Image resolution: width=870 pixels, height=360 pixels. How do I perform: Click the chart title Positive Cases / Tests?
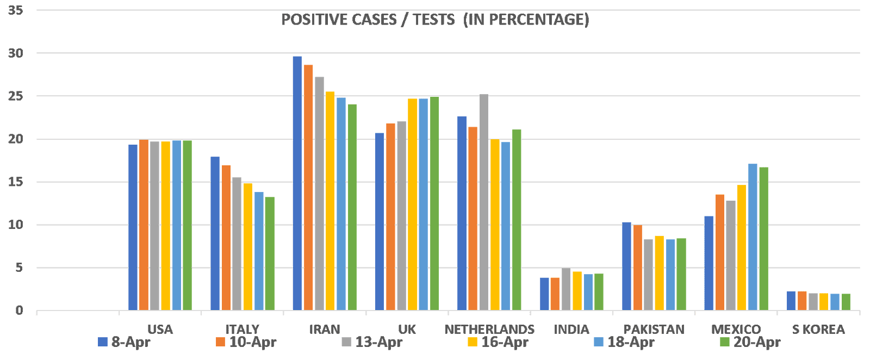pos(435,20)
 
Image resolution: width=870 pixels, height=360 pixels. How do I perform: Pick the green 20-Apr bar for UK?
pos(434,203)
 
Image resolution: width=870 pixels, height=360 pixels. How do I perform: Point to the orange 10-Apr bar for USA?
pos(144,225)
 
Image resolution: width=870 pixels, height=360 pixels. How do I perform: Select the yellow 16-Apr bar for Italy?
pos(248,247)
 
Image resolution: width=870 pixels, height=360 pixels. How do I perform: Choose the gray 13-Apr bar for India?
pos(566,289)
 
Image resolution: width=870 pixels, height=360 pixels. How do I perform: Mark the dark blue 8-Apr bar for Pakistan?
pos(626,266)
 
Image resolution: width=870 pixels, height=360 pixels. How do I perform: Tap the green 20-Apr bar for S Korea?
pos(846,302)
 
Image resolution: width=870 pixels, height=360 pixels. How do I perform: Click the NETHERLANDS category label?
pos(489,330)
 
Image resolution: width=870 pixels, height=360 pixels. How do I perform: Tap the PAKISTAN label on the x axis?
pos(654,330)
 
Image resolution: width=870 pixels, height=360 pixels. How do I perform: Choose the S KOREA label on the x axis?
pos(818,330)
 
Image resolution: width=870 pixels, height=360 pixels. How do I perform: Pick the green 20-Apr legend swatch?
pos(724,342)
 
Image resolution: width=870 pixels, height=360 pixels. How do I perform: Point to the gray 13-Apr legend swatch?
pos(346,342)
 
